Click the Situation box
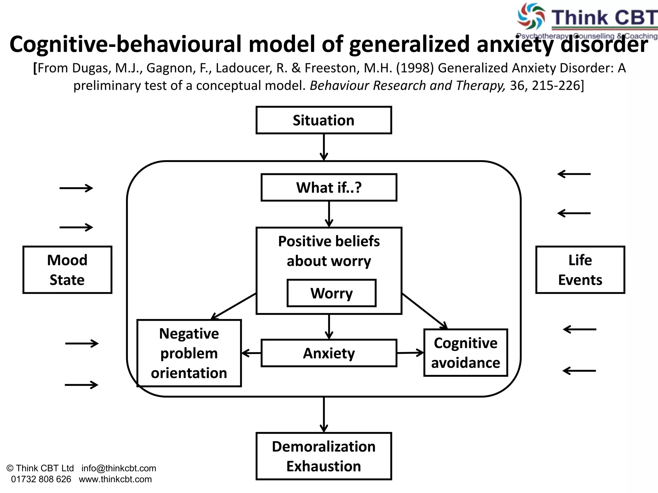(x=324, y=120)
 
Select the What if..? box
(x=329, y=187)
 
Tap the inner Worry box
(x=331, y=293)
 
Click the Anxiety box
(x=329, y=353)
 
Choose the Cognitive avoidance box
(x=466, y=353)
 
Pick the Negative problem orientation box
(x=189, y=353)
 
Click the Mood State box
(x=67, y=270)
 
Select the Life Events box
(x=580, y=270)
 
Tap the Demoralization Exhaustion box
(x=324, y=456)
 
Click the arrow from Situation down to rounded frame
(x=324, y=147)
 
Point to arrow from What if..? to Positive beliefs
(x=329, y=214)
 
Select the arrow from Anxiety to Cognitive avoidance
(x=410, y=353)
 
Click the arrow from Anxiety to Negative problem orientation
(x=251, y=353)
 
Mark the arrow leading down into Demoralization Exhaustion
(x=324, y=415)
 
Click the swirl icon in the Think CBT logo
(x=530, y=16)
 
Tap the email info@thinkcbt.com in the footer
(x=119, y=468)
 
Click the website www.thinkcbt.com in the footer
(x=115, y=479)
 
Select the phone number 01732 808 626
(x=41, y=479)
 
